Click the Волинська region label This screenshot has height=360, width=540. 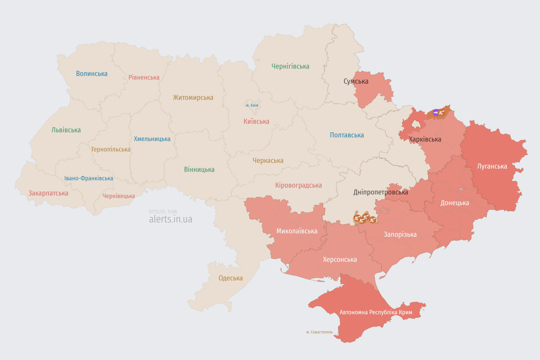(x=92, y=74)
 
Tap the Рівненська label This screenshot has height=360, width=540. (x=144, y=77)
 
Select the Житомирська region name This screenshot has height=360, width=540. (x=193, y=97)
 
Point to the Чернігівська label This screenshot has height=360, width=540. (x=291, y=66)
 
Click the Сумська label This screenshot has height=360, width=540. (x=356, y=81)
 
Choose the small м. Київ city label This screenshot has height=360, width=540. (x=252, y=105)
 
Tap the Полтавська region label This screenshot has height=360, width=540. (x=347, y=135)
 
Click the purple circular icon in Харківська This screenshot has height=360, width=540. (x=436, y=112)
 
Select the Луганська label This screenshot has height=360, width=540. (x=492, y=166)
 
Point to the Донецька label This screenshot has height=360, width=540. (x=455, y=203)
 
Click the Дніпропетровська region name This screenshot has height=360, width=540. (x=381, y=192)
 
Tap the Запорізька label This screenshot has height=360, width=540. (x=400, y=234)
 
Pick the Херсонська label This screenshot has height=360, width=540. (x=340, y=259)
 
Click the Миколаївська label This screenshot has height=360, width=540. (x=297, y=231)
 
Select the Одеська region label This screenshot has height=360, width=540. (x=231, y=278)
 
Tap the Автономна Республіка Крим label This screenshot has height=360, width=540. (x=375, y=312)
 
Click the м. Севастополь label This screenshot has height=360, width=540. (x=320, y=332)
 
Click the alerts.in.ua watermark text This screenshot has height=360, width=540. (x=171, y=219)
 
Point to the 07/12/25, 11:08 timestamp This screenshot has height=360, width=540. (x=163, y=212)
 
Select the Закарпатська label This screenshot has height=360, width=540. (x=48, y=193)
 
